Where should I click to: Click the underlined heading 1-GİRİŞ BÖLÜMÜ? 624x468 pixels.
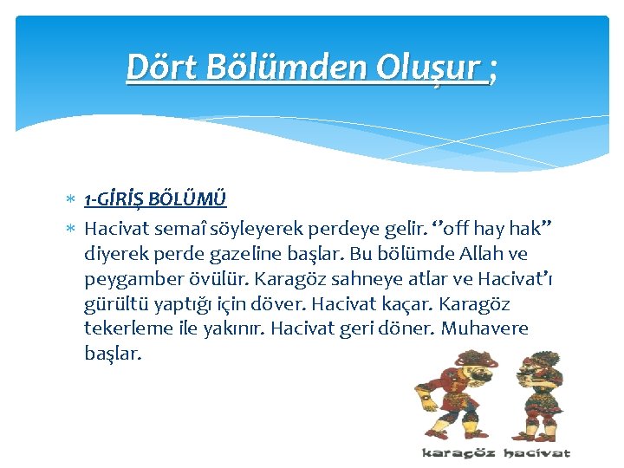[155, 200]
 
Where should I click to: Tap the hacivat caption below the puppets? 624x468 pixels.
[536, 452]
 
